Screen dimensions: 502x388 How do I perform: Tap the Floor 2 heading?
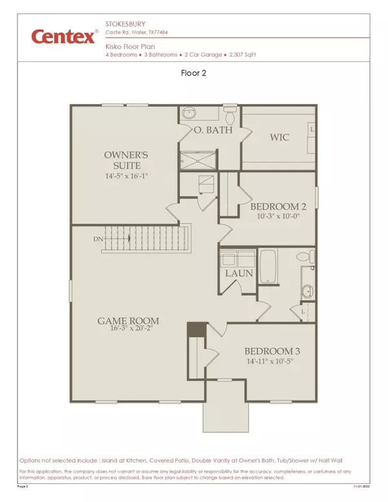point(194,74)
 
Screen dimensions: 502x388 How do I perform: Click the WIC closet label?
point(279,137)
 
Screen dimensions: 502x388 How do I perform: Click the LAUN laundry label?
point(237,274)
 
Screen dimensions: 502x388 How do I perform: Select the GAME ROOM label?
point(128,320)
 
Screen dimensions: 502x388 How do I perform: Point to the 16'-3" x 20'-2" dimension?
point(128,329)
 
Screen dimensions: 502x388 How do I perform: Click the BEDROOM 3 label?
point(272,351)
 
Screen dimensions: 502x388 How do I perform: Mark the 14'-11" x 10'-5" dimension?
point(272,361)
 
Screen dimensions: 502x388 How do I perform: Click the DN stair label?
point(97,238)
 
